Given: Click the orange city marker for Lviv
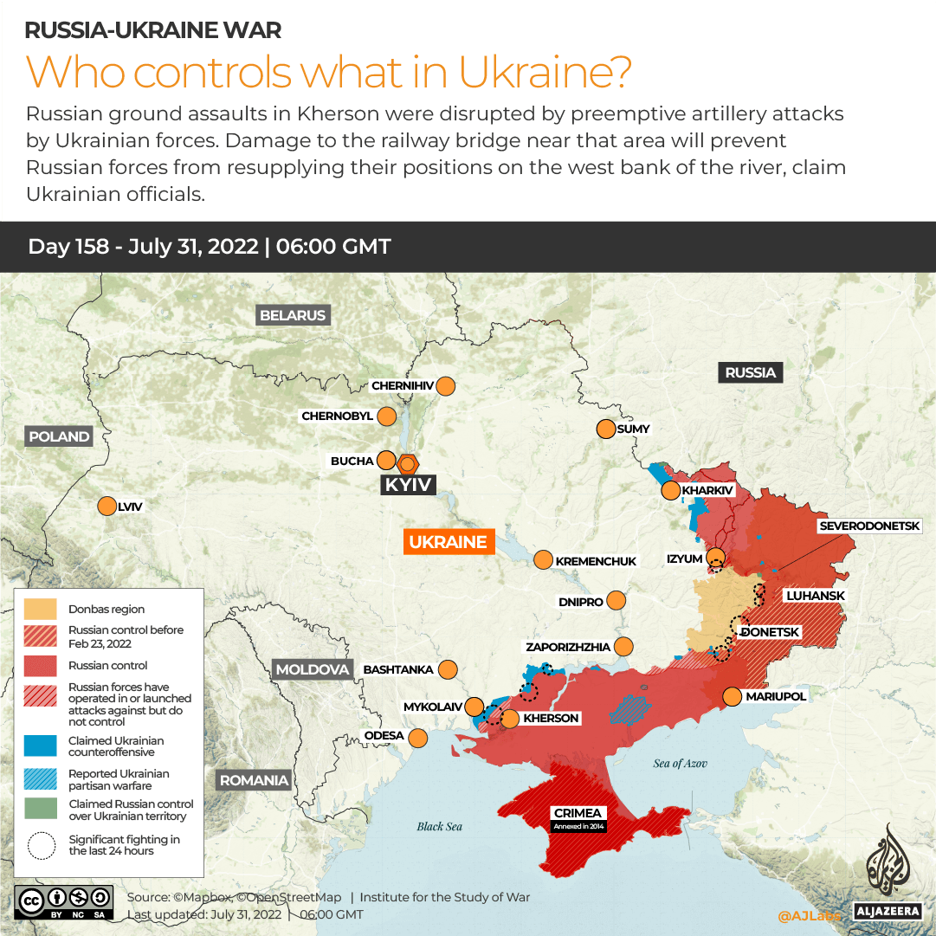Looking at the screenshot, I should (x=107, y=507).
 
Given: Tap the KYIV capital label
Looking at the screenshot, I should (x=408, y=485).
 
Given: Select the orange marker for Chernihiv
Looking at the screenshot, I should (x=447, y=386).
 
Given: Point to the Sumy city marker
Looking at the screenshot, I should (x=604, y=429).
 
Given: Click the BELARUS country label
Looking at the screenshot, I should (x=293, y=315).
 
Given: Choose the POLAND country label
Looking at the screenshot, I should (x=59, y=436).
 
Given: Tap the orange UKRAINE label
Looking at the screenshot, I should (x=448, y=542).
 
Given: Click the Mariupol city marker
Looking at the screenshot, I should (x=732, y=696).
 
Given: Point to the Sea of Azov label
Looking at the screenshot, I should (x=680, y=763).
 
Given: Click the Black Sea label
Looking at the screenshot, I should (x=439, y=826).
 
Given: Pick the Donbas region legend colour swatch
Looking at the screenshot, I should (x=41, y=610).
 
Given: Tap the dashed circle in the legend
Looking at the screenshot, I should (x=41, y=845).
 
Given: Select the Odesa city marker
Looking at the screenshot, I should (x=418, y=738).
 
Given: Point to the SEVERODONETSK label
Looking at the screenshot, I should (x=876, y=526).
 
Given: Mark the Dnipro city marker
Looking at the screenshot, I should (x=616, y=600).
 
